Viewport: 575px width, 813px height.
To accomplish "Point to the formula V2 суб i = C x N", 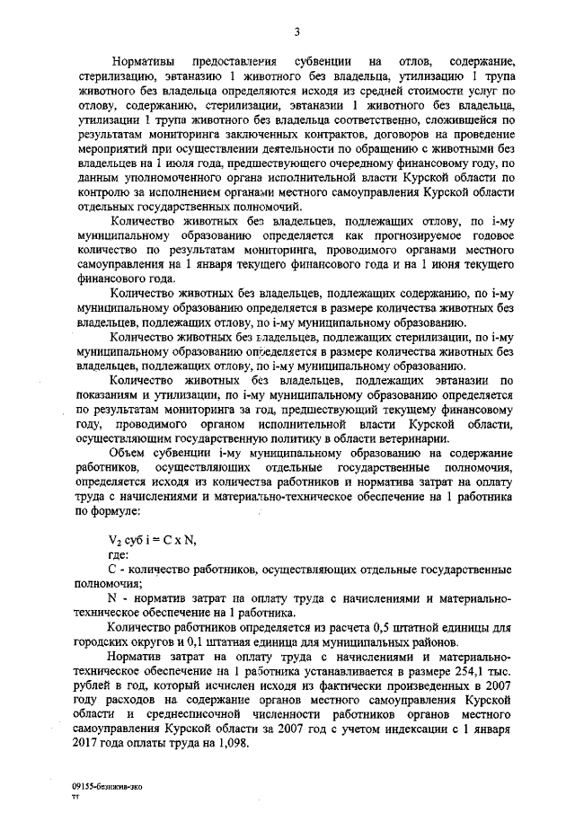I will [x=150, y=538].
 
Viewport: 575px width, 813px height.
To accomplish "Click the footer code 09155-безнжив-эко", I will [x=107, y=785].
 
